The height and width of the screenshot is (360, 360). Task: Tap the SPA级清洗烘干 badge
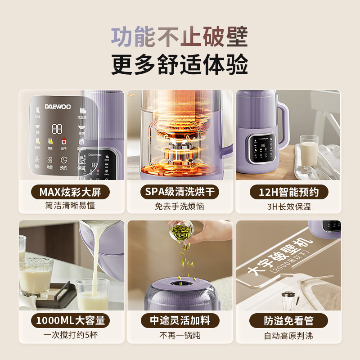click(x=180, y=192)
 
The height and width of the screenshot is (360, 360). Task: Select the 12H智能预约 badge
click(x=288, y=192)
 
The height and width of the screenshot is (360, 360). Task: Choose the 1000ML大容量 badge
click(x=72, y=320)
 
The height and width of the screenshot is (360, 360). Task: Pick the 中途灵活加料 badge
click(x=180, y=320)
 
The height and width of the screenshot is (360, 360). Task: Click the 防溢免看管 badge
click(x=288, y=320)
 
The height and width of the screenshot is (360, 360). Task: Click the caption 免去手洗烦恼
click(x=180, y=207)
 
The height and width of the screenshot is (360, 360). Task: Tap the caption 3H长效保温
click(x=288, y=207)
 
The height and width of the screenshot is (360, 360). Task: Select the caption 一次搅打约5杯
click(x=72, y=335)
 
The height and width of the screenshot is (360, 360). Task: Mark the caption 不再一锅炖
click(x=180, y=335)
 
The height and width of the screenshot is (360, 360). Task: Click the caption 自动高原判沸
click(x=288, y=335)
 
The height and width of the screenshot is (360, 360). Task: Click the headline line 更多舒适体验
click(x=180, y=64)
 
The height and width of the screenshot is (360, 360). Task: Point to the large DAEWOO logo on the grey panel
click(x=57, y=107)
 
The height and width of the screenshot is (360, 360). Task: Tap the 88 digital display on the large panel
click(x=57, y=129)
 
